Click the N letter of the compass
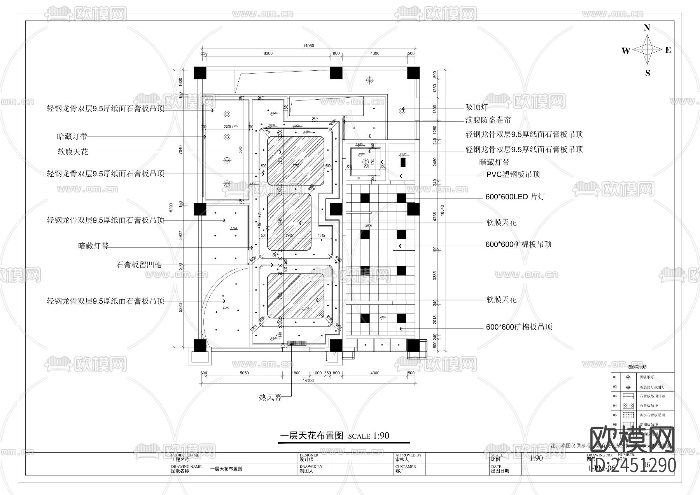pos(647,28)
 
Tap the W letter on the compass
pos(625,51)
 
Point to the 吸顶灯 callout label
pos(476,107)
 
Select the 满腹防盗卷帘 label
pos(488,120)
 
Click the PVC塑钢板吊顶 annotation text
pos(513,174)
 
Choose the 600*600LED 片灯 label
pos(515,197)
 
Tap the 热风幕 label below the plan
pos(270,398)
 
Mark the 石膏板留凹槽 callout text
pos(139,265)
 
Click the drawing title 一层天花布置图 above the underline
pos(311,436)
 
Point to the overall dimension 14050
pos(308,46)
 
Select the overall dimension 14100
pos(308,381)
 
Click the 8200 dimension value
pos(268,54)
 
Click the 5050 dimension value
pos(244,373)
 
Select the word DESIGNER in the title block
pos(309,455)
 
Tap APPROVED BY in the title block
pos(408,455)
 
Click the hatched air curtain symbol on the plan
pos(297,343)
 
